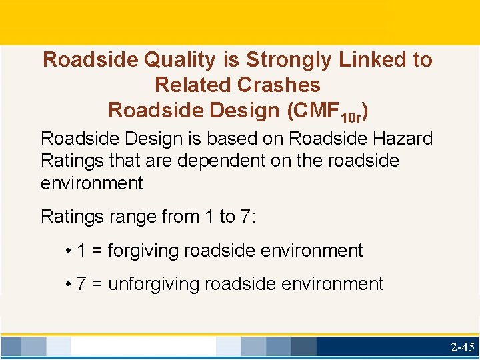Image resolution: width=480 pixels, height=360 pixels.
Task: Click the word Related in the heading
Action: (193, 85)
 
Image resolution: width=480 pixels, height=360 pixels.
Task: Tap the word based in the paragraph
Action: (237, 139)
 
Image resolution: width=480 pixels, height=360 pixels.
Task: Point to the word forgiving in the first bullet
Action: (143, 251)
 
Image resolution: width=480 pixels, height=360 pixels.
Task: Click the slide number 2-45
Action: (462, 347)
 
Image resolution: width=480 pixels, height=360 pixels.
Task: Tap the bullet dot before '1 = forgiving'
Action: (69, 251)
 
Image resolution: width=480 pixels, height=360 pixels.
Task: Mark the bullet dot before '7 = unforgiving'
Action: (69, 285)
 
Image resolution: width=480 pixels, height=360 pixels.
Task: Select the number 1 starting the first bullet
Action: (81, 251)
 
